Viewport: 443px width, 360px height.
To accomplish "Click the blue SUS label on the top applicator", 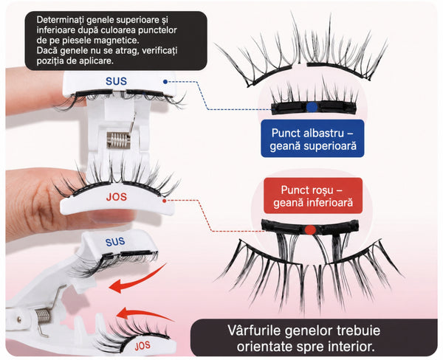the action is tap(116, 81).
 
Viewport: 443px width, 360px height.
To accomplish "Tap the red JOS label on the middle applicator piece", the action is tap(117, 197).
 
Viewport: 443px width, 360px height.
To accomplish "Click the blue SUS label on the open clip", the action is tap(115, 242).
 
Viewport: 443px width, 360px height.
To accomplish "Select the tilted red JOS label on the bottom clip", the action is tap(142, 345).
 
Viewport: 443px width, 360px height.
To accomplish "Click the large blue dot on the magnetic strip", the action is tap(312, 107).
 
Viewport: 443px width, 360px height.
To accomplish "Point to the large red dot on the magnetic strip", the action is tap(310, 230).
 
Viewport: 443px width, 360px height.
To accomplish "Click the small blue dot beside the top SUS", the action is tap(165, 82).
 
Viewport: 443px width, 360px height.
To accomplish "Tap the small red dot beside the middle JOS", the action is tap(164, 201).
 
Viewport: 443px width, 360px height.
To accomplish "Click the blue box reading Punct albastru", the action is tap(312, 139).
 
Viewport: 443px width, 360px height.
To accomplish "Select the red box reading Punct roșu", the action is tap(313, 195).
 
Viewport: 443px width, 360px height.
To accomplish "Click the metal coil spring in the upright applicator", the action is tap(118, 140).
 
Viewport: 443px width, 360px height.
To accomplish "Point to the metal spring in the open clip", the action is tap(44, 316).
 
